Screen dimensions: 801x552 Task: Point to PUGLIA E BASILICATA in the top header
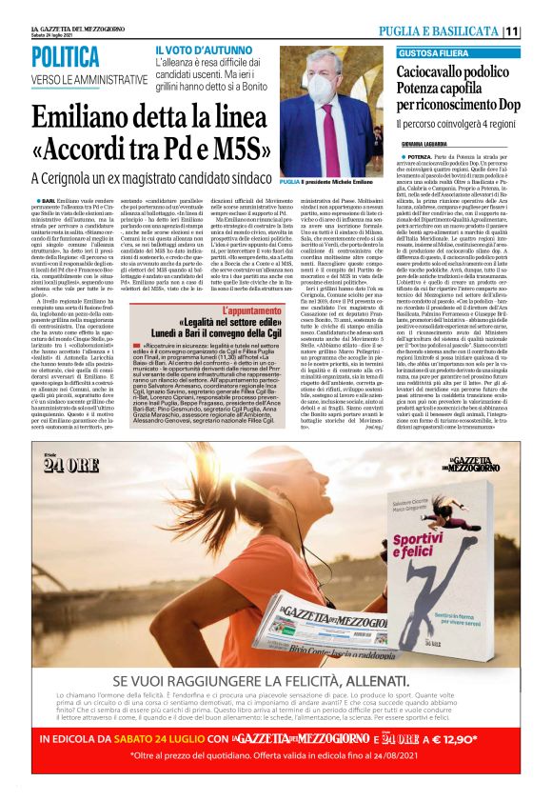tap(448, 31)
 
